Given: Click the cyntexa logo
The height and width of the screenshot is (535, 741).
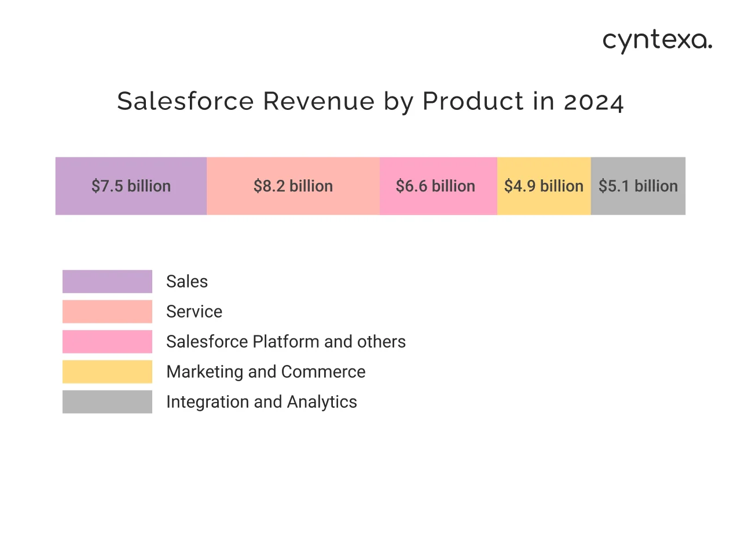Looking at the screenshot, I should click(657, 42).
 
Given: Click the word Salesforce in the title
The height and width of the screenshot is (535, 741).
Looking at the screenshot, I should click(185, 101).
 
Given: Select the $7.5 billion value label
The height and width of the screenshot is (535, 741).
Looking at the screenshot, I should click(131, 186).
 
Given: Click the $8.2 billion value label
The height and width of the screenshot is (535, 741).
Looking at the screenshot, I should click(293, 186).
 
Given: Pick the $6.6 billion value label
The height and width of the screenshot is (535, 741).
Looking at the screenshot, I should click(435, 186).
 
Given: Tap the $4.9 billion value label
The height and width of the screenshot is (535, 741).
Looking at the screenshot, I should click(544, 186).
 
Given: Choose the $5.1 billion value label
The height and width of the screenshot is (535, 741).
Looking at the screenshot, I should click(638, 186).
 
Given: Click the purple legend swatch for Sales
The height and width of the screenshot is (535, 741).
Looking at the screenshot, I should click(107, 282).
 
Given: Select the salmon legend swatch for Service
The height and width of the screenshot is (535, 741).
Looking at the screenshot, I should click(107, 312).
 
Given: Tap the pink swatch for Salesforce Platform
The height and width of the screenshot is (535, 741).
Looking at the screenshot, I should click(107, 342).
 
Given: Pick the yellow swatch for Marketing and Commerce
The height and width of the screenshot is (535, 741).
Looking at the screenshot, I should click(107, 372).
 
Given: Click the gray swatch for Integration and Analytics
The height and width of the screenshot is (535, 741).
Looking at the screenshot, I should click(107, 402).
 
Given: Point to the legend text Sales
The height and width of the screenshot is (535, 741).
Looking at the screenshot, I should click(186, 282).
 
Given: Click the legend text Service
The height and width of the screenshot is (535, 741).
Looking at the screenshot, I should click(194, 312).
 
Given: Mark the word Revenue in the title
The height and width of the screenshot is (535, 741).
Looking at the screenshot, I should click(319, 101).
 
